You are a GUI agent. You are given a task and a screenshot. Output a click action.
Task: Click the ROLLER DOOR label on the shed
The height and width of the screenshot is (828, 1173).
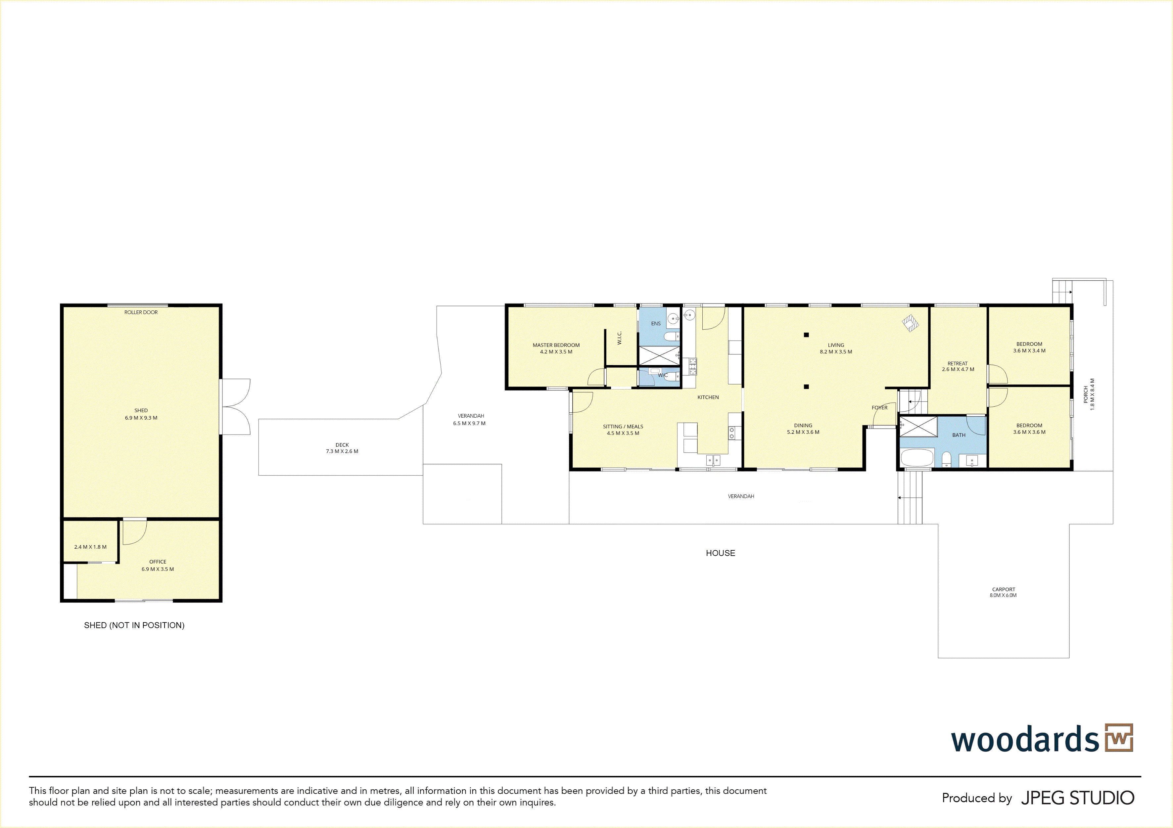coord(141,312)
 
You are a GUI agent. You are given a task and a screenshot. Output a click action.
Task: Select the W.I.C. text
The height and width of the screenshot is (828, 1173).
coord(619,338)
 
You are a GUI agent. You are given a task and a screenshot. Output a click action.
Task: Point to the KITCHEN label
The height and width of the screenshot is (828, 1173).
coord(708,397)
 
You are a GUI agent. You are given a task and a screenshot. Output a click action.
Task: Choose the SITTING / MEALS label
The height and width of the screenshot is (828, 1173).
coord(623,427)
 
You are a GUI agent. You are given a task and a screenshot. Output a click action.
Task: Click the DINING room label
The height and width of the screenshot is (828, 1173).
coord(803,426)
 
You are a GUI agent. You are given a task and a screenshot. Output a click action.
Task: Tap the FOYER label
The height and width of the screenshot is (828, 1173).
coord(880,408)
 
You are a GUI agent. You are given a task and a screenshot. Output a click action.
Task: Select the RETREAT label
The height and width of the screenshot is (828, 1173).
coord(958,364)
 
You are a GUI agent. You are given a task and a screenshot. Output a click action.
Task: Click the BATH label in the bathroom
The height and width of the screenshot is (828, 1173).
coord(959,435)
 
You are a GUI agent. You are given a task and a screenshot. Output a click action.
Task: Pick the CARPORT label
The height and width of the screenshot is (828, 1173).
coord(1004,589)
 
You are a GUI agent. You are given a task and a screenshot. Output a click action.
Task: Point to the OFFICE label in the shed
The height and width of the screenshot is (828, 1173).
coord(158,562)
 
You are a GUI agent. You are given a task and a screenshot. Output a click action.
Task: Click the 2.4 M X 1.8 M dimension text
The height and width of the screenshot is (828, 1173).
coord(90,547)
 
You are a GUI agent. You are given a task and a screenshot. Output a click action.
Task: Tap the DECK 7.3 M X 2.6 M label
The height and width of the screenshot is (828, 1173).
coord(342,448)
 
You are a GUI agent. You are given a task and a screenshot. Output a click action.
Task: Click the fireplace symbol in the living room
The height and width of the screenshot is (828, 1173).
coord(911,323)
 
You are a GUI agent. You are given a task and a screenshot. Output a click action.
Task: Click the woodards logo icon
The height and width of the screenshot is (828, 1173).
coord(1119,738)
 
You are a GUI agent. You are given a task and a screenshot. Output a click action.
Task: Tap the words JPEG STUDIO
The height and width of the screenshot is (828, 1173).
coord(1077,798)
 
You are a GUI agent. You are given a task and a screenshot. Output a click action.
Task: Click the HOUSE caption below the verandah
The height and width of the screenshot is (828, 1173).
coord(720,553)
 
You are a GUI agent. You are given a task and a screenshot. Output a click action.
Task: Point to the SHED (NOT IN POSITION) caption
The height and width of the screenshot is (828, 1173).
coord(134,625)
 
